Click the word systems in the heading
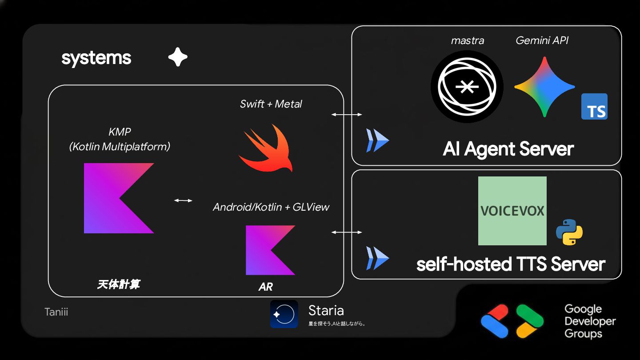pos(96,58)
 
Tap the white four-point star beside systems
pos(178,57)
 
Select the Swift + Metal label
pos(271,104)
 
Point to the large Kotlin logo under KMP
pos(119,198)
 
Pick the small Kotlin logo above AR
pos(270,250)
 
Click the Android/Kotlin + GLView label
pos(271,207)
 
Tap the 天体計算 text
pos(118,284)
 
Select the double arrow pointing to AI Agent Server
pos(347,115)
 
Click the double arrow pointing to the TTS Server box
pos(347,232)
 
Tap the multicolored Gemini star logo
pos(544,87)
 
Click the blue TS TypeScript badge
pos(594,107)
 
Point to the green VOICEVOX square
pos(512,211)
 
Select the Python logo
pos(569,232)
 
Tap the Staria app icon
pos(284,314)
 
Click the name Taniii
pos(56,312)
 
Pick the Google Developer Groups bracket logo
pos(512,321)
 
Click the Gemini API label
pos(542,40)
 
